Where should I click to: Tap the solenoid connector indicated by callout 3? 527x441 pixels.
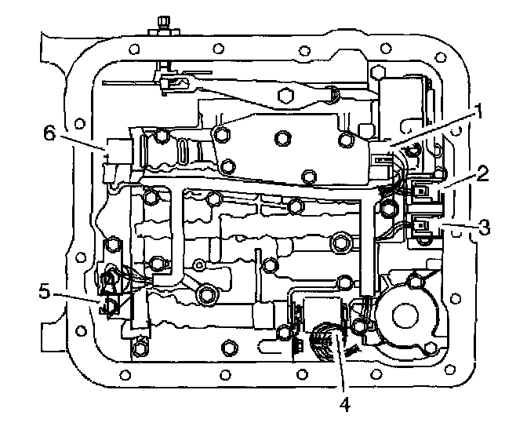pyautogui.click(x=424, y=228)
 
